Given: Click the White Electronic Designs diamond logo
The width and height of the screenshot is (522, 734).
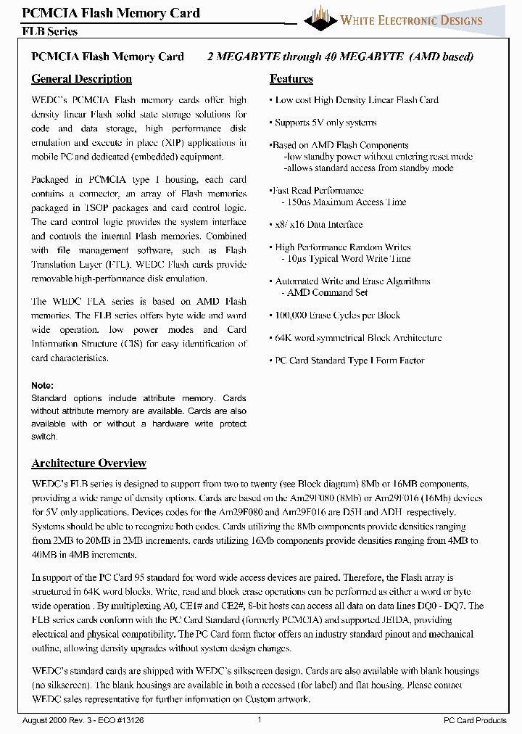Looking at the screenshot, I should point(320,17).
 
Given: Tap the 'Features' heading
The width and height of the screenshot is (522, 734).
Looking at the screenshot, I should point(291,79).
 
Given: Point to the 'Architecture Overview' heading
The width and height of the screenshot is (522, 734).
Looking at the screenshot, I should point(88,463).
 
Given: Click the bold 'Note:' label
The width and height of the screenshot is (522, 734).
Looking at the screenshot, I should point(42,386).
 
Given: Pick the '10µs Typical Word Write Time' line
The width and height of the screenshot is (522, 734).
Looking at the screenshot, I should point(345,259).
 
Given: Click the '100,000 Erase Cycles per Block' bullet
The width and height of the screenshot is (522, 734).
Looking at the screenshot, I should point(337,316).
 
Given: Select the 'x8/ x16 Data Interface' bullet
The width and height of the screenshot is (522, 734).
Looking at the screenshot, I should point(318,225).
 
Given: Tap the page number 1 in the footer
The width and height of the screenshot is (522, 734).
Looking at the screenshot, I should point(259,719).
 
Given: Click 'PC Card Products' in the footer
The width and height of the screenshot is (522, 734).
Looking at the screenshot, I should point(475,720).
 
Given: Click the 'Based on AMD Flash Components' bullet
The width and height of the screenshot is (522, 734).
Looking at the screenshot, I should point(340,145).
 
